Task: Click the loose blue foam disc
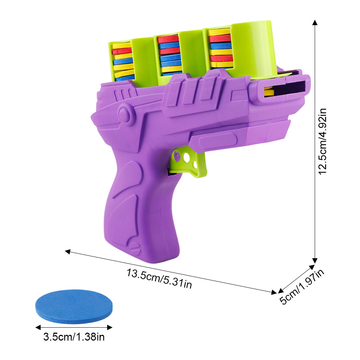[74, 306]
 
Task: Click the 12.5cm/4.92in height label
[322, 142]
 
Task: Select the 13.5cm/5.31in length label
[159, 278]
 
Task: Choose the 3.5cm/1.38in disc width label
[74, 337]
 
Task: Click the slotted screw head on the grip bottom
[134, 248]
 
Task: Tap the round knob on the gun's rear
[124, 113]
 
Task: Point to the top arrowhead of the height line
[315, 22]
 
